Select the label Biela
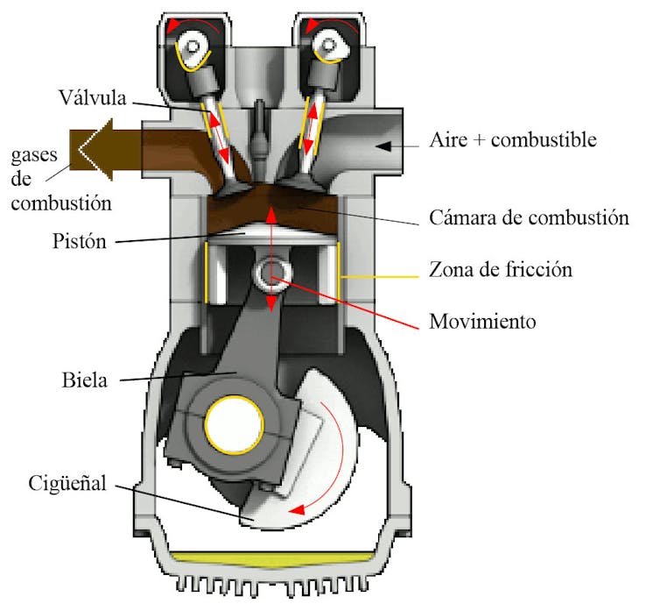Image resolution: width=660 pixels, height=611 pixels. point(86,380)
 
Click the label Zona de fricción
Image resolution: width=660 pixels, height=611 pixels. point(501,268)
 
